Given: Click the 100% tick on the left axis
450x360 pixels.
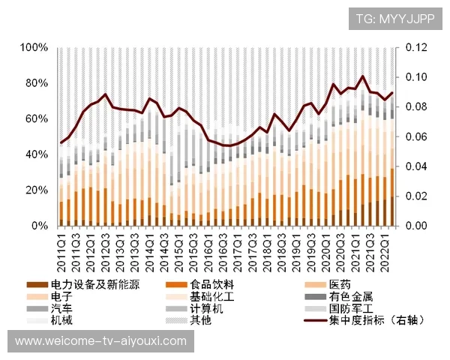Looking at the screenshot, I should pos(33,47).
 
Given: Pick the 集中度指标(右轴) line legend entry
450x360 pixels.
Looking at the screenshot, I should pos(371,321).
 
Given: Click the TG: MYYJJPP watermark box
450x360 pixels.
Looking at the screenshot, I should pos(394,18).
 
